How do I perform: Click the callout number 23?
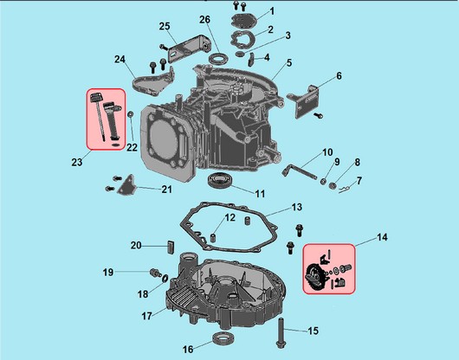[77, 162]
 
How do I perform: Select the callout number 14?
[382, 237]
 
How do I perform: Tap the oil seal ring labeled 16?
[224, 338]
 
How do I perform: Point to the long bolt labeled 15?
[281, 333]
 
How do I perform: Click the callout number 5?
[289, 62]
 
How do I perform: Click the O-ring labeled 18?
[165, 278]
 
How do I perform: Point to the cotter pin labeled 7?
[346, 189]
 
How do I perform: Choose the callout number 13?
[296, 207]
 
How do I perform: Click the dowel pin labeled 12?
[213, 237]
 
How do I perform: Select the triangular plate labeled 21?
[126, 186]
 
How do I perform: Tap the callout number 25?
[165, 26]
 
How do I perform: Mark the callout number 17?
[146, 316]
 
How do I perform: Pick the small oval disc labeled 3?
[240, 54]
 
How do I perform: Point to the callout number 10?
[327, 152]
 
